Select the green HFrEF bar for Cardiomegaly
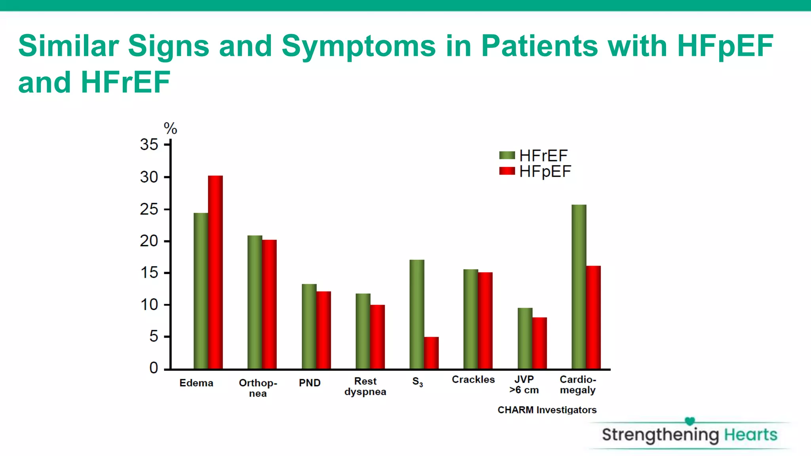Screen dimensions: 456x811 (579, 287)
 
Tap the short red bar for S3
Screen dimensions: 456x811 (431, 353)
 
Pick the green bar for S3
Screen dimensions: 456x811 (417, 314)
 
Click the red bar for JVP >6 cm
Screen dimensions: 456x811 (539, 343)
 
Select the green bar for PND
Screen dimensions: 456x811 (309, 327)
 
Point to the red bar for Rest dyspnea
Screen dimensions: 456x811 (377, 337)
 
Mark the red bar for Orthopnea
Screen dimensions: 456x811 (269, 304)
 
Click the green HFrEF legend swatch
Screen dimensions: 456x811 (507, 155)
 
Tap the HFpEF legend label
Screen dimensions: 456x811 (545, 171)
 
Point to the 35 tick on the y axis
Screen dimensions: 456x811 (149, 144)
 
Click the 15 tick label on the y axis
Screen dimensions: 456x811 (149, 273)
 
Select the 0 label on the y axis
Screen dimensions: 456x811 (153, 368)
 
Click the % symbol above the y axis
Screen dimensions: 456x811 (170, 128)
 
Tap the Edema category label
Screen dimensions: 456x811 (196, 383)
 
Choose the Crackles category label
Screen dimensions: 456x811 (473, 379)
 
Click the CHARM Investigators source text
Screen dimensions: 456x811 (547, 410)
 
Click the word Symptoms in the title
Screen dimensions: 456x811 (358, 46)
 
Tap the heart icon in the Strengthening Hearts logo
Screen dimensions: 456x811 (689, 421)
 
